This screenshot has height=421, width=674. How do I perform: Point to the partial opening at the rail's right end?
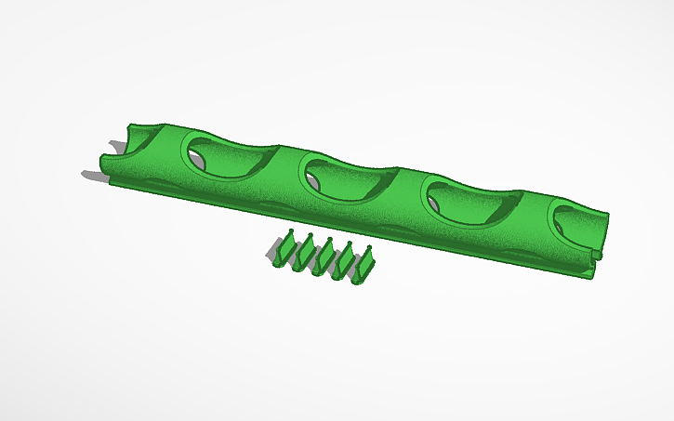click(x=578, y=223)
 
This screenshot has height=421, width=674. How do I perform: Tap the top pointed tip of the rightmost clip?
click(x=369, y=247)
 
